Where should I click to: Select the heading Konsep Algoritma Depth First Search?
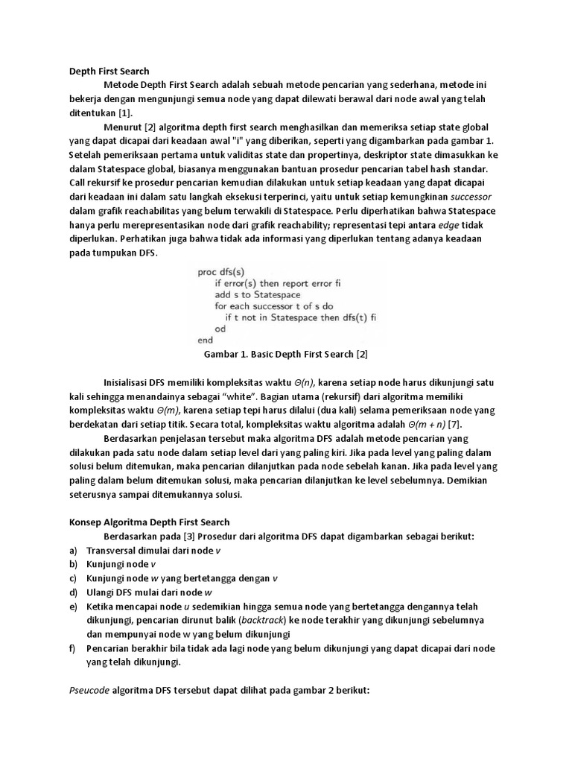(144, 522)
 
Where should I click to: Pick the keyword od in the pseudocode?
(220, 328)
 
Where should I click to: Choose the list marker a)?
(72, 550)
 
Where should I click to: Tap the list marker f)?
(71, 648)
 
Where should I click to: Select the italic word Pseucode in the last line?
(84, 691)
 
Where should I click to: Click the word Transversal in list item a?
(114, 550)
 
